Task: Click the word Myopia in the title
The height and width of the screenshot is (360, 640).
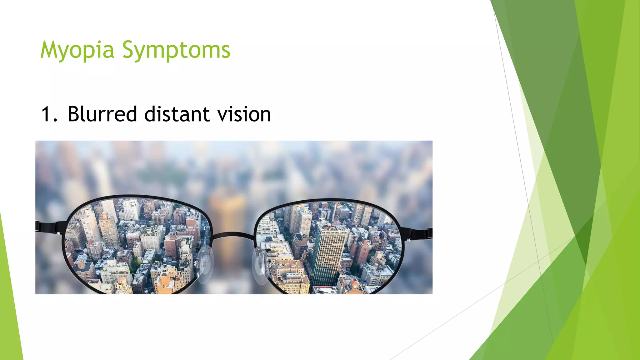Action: tap(77, 50)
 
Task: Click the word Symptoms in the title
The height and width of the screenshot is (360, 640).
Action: tap(176, 50)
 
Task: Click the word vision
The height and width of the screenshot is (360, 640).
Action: tap(244, 114)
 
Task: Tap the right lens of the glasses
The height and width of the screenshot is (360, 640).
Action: tap(328, 247)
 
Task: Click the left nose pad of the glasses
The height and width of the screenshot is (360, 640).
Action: tap(205, 264)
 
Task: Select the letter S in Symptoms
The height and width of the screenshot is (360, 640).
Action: tap(128, 50)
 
